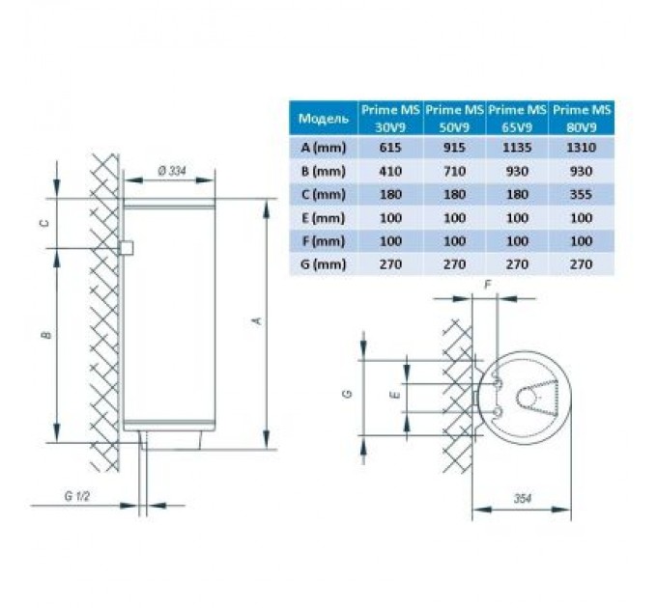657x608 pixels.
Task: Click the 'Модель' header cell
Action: click(x=323, y=119)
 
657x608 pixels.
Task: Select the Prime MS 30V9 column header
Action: click(x=390, y=119)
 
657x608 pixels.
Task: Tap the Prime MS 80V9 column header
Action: click(x=582, y=119)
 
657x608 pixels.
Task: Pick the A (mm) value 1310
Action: click(x=582, y=148)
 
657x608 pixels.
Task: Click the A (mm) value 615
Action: click(x=390, y=148)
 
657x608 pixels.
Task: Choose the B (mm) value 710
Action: click(x=454, y=171)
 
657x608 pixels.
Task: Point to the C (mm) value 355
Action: click(x=582, y=195)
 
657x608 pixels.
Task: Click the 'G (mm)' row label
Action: click(x=323, y=264)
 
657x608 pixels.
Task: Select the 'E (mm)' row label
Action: click(x=323, y=218)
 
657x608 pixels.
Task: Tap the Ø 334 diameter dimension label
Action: click(x=172, y=171)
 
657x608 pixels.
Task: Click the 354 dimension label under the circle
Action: click(x=522, y=498)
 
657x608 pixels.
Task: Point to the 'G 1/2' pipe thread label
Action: click(x=77, y=496)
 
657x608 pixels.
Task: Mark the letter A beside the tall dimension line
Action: click(x=258, y=320)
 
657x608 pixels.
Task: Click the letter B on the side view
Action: click(x=46, y=335)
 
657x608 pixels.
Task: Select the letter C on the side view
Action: click(x=44, y=223)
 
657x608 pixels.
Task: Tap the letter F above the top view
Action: click(x=488, y=285)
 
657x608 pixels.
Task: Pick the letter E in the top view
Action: click(x=397, y=395)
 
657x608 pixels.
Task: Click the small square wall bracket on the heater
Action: click(x=127, y=248)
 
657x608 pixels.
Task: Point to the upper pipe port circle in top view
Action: click(x=499, y=384)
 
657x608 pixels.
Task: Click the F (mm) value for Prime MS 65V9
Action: click(x=517, y=241)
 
